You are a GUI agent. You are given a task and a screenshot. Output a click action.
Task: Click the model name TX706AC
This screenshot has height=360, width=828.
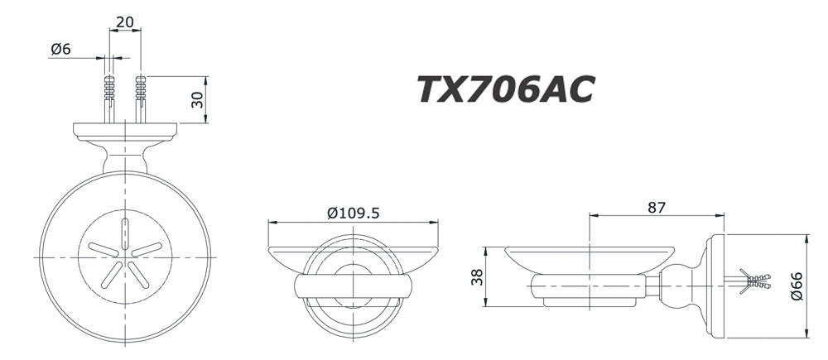click(504, 90)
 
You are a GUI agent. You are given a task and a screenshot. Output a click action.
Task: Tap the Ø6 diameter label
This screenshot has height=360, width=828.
click(60, 50)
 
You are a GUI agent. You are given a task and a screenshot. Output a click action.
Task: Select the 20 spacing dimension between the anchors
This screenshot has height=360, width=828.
click(125, 22)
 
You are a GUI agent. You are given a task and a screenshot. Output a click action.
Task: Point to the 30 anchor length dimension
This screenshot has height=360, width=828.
click(197, 99)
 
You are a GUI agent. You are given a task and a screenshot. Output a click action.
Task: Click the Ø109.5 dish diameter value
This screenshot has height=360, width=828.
click(353, 213)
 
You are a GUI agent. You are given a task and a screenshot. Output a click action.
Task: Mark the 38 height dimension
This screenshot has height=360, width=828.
click(476, 277)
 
